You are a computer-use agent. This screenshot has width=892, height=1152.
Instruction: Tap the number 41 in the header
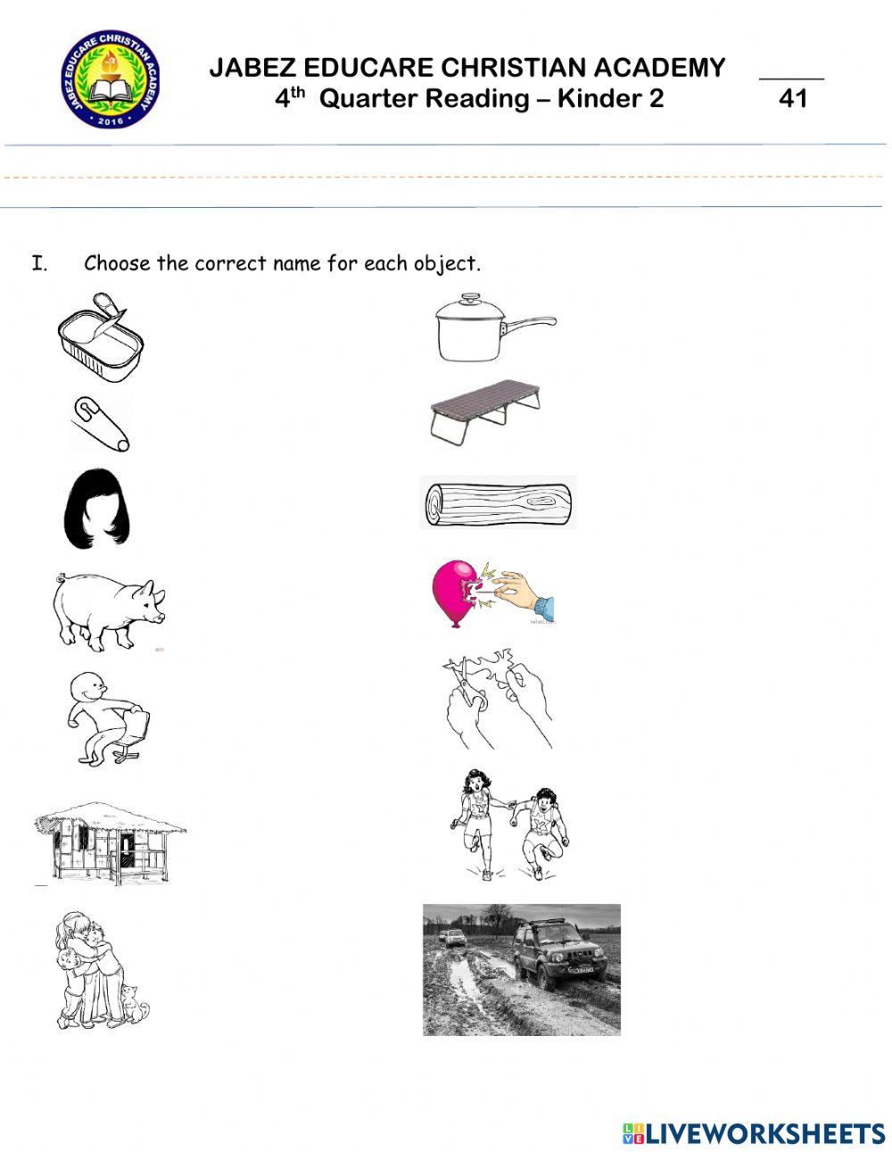click(792, 98)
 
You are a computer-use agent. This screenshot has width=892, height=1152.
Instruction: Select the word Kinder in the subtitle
click(595, 98)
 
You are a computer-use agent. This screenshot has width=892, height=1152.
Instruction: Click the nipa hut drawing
click(109, 841)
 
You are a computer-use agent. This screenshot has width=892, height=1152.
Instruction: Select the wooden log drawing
click(498, 502)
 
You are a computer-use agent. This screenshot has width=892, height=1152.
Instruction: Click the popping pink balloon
click(459, 592)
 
